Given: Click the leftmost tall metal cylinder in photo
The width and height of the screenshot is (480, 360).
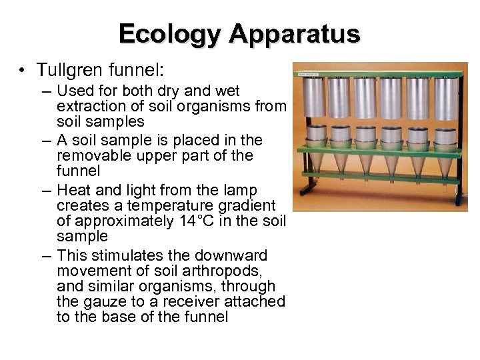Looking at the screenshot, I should pos(314,99).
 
